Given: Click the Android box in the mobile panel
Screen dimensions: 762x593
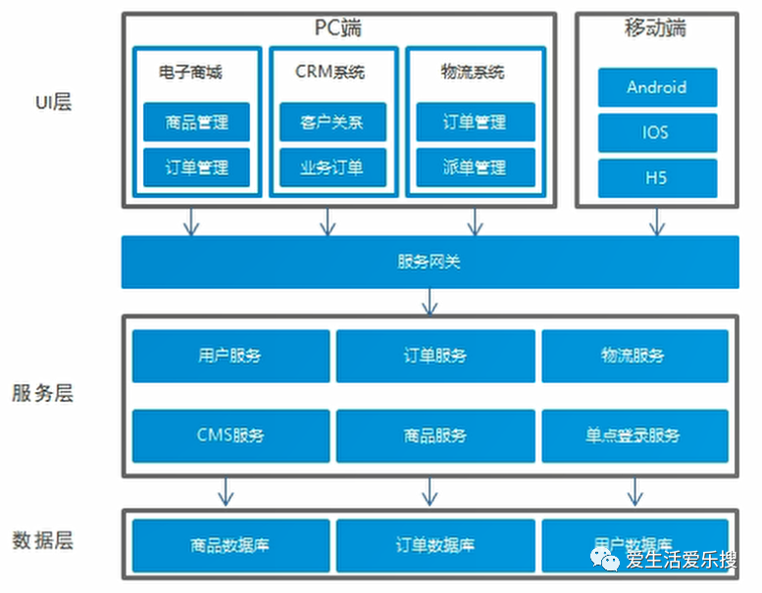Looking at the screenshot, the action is (x=657, y=87).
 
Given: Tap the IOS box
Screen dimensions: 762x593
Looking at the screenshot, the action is (x=657, y=132).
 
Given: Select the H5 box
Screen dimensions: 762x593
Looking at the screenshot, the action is (x=657, y=178).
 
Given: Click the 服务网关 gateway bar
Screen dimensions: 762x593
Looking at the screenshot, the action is (x=431, y=263).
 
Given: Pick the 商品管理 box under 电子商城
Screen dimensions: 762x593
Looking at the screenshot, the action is (x=196, y=122).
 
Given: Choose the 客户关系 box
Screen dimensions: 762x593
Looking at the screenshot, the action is (x=332, y=122).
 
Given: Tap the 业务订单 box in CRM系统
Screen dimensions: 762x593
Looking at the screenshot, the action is (x=332, y=168).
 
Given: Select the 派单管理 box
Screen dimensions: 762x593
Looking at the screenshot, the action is (x=476, y=168).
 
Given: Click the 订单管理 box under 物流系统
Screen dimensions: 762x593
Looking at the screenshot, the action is (x=476, y=122).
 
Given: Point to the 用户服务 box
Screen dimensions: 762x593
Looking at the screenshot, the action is (x=230, y=356).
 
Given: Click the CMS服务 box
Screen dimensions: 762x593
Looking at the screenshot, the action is (x=230, y=435).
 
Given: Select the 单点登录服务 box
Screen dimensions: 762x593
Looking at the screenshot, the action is (x=635, y=435).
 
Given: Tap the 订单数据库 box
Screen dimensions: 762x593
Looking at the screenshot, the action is (x=435, y=545).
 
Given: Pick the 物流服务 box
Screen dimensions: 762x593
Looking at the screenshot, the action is (x=635, y=356).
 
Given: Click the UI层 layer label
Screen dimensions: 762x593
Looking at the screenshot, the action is (x=54, y=103).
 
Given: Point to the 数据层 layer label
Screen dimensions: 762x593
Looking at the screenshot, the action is (x=43, y=540).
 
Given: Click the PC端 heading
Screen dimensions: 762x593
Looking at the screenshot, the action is (x=338, y=27).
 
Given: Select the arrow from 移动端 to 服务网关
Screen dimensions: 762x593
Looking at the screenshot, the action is (x=657, y=222).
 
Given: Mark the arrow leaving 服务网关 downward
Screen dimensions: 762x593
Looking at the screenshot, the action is (x=430, y=302).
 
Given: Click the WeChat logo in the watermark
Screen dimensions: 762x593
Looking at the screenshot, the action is (x=605, y=560).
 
